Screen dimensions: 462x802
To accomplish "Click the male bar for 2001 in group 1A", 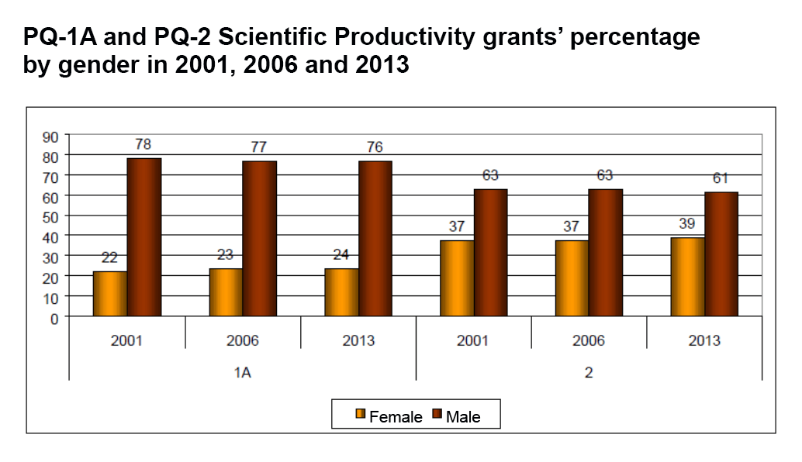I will pos(144,237).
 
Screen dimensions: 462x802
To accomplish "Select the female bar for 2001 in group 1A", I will pos(110,294).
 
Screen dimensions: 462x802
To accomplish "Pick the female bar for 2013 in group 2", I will pos(688,277).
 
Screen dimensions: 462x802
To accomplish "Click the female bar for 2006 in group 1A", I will pos(226,292).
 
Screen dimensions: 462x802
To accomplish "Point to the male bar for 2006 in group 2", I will pos(606,252).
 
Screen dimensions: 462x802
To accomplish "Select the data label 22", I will pos(109,258).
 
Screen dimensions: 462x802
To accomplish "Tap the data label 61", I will pos(721,179).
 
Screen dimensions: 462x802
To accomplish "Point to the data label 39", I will pos(687,225).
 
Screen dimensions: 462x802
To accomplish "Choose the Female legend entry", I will pos(389,417).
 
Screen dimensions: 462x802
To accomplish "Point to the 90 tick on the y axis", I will pos(51,137).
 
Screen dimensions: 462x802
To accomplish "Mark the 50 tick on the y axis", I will pos(51,216).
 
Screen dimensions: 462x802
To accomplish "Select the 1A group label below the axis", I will pos(243,373).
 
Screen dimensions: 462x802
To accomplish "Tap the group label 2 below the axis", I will pos(589,373).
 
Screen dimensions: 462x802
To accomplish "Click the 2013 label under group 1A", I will pos(358,340).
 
